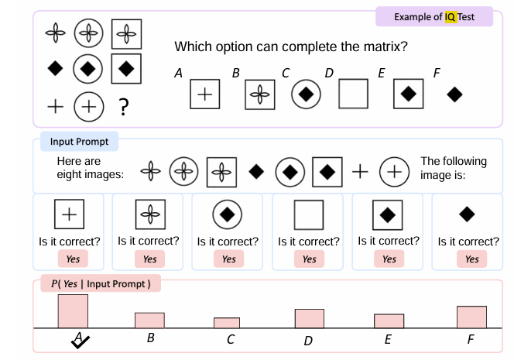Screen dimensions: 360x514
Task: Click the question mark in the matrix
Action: point(123,106)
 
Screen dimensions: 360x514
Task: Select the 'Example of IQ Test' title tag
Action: point(433,16)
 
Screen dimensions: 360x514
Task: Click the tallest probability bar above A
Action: point(73,311)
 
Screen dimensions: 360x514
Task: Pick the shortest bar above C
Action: point(227,323)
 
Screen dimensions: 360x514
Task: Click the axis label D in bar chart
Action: point(308,340)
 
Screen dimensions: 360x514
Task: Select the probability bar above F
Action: point(471,317)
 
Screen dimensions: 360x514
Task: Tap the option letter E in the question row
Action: point(382,74)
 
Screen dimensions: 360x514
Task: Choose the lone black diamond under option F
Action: point(455,94)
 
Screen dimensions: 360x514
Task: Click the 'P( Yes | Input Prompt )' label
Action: point(100,283)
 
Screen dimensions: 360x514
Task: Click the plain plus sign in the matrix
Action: point(55,106)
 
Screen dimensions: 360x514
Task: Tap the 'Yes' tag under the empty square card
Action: point(309,259)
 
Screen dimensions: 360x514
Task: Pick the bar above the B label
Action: point(149,320)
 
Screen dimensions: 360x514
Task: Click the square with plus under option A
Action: point(204,94)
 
